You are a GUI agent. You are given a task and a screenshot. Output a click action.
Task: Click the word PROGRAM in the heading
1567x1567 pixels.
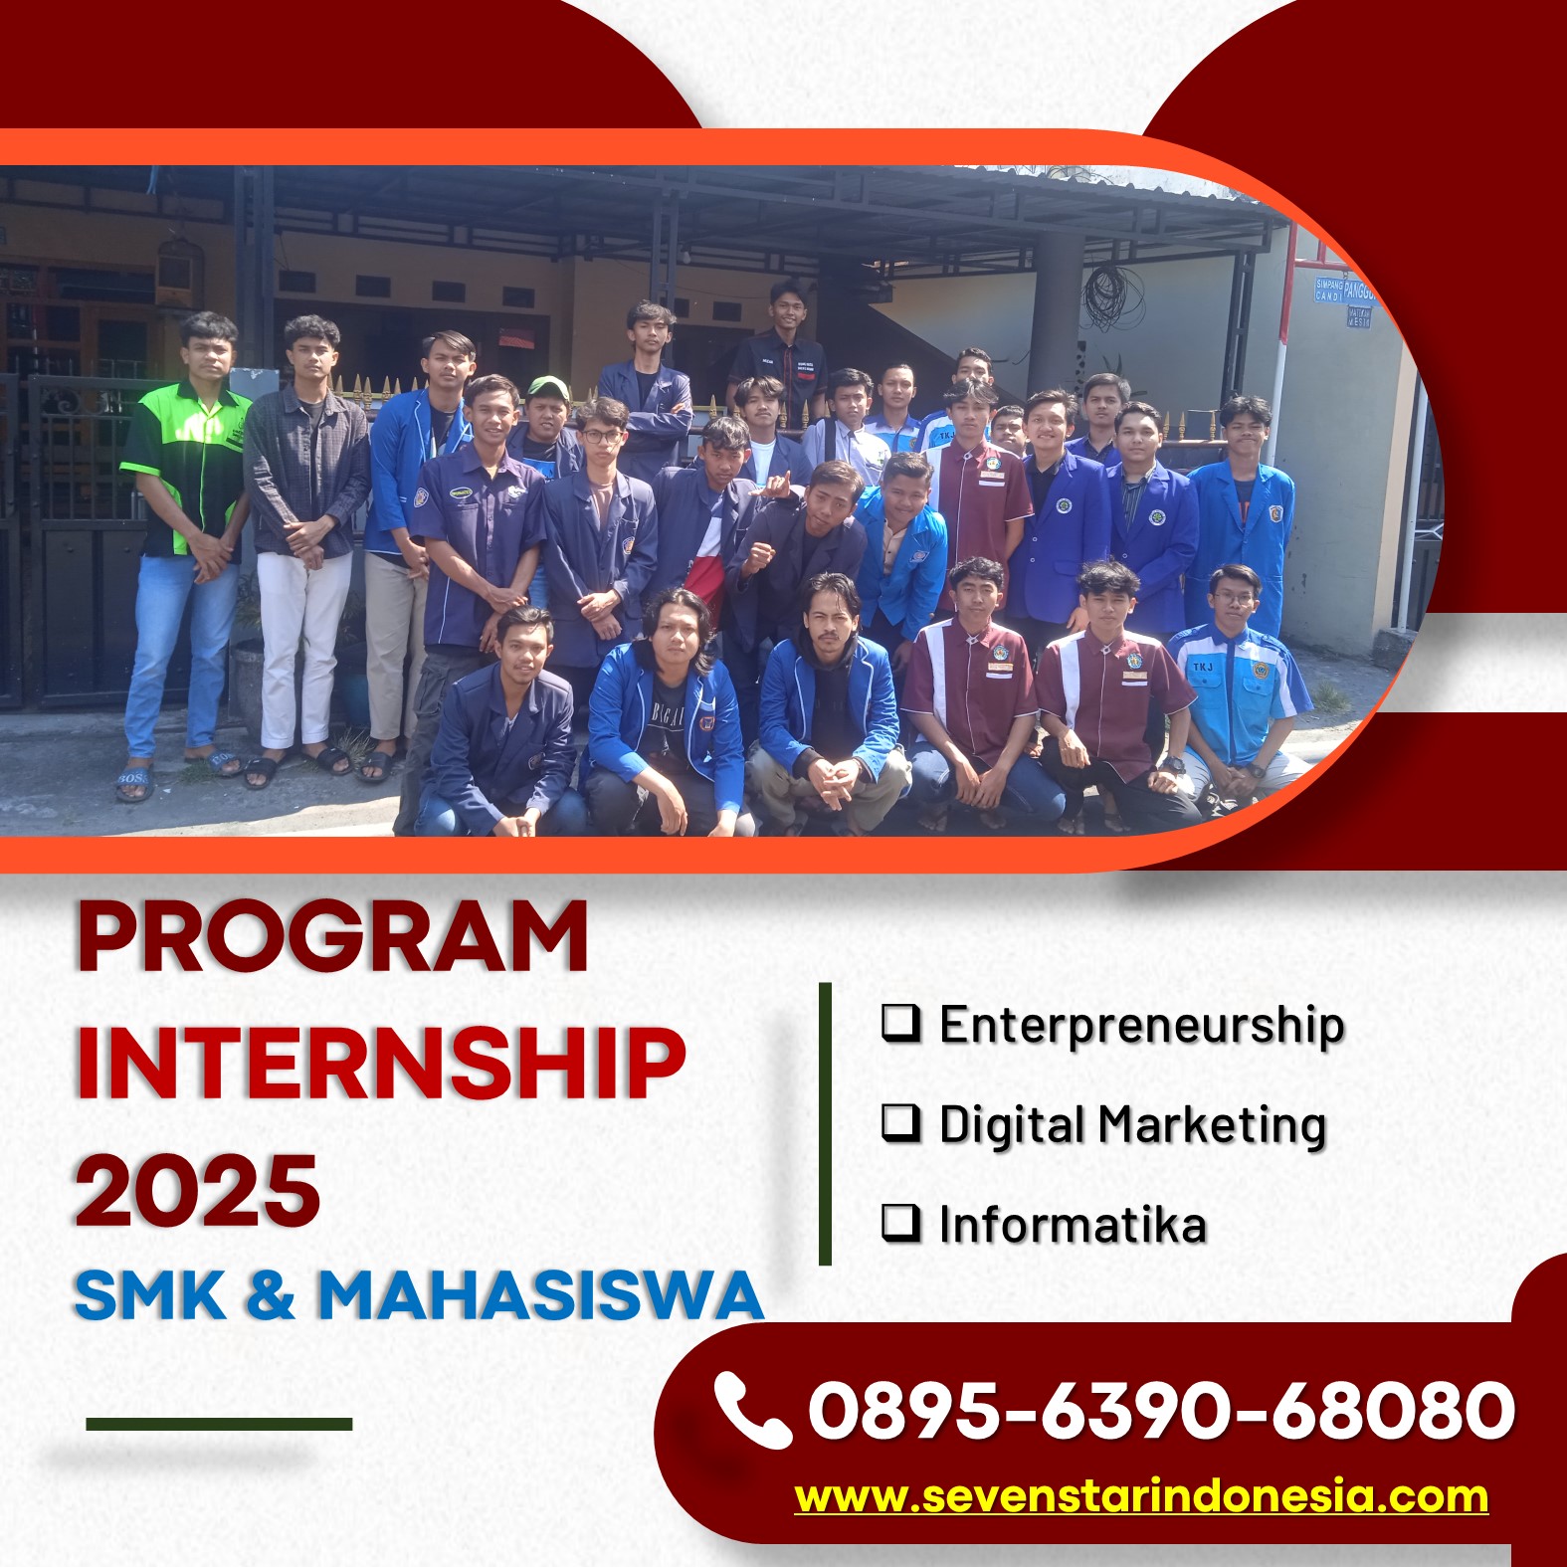point(332,936)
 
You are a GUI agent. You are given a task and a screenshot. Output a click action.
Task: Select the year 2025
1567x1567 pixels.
point(198,1190)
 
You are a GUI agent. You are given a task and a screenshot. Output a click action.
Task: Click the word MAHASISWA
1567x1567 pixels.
point(540,1294)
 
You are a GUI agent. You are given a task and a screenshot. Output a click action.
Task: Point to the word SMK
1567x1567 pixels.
point(150,1294)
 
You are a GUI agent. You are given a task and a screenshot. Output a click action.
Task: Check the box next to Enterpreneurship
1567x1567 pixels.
point(900,1023)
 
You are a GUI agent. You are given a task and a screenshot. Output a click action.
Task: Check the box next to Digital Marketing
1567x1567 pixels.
point(900,1122)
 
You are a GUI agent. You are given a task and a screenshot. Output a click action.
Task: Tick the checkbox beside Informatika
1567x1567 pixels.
point(900,1222)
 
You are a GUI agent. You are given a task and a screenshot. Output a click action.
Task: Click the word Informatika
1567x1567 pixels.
point(1073,1224)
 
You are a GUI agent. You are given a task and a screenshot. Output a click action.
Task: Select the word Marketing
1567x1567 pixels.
point(1212,1126)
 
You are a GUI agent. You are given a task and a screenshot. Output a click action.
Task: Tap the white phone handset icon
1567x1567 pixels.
point(751,1409)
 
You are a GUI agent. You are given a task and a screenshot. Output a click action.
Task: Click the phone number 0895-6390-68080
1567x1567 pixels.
point(1161,1409)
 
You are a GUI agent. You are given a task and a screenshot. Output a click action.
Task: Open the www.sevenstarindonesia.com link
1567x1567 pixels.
point(1141,1496)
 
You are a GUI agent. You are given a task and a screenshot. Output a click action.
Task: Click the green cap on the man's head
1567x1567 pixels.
point(545,387)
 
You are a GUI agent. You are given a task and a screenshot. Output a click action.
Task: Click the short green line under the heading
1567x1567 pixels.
point(219,1424)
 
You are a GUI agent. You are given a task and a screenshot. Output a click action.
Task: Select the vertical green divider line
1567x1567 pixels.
point(825,1123)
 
